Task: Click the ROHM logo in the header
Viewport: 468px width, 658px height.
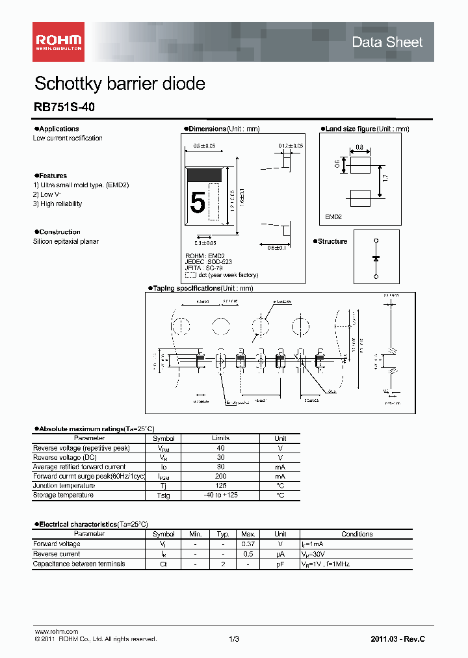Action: [58, 42]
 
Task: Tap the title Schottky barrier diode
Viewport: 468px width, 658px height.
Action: [120, 84]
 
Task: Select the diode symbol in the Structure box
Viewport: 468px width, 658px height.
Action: [376, 257]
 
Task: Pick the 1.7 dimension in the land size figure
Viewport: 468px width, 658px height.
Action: [386, 177]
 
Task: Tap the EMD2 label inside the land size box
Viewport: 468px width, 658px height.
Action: [333, 217]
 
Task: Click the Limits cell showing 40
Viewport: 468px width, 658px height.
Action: [221, 448]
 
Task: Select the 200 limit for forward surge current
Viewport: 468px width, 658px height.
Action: [221, 477]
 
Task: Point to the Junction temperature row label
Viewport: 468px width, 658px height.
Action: [64, 486]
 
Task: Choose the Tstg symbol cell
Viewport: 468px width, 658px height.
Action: [164, 495]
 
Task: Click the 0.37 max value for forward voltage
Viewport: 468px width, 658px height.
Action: [248, 544]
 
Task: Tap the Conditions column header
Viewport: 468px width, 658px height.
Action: [357, 534]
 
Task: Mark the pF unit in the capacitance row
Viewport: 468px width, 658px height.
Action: [280, 564]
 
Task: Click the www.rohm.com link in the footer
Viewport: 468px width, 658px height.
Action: [56, 631]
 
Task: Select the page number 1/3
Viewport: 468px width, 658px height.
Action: [234, 639]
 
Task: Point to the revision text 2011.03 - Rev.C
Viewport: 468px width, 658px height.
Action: [398, 639]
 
